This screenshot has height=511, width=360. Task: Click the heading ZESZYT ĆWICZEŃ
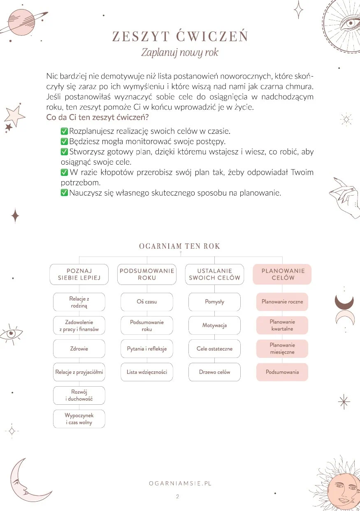[180, 37]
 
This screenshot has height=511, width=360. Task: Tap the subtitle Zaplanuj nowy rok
[180, 53]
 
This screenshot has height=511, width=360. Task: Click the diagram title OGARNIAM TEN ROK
[180, 246]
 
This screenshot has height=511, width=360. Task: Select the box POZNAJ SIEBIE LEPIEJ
[79, 274]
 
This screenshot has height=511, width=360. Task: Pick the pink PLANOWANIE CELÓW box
[282, 274]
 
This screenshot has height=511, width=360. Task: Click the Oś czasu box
[147, 302]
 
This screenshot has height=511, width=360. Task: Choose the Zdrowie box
[79, 349]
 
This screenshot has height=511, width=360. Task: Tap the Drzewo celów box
[214, 372]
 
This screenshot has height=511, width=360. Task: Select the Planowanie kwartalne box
[282, 325]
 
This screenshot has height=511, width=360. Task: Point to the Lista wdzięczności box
[147, 372]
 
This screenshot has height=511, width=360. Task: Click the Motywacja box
[214, 325]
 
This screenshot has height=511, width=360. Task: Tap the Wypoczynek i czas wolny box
[79, 419]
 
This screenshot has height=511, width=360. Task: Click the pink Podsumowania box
[282, 372]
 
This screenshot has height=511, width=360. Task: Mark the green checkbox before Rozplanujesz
[64, 131]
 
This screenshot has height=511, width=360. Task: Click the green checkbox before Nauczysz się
[64, 193]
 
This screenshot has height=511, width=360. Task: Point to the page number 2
[177, 497]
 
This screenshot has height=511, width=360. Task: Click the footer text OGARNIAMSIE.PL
[180, 484]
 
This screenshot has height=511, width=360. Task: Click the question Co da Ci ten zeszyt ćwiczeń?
[98, 117]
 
